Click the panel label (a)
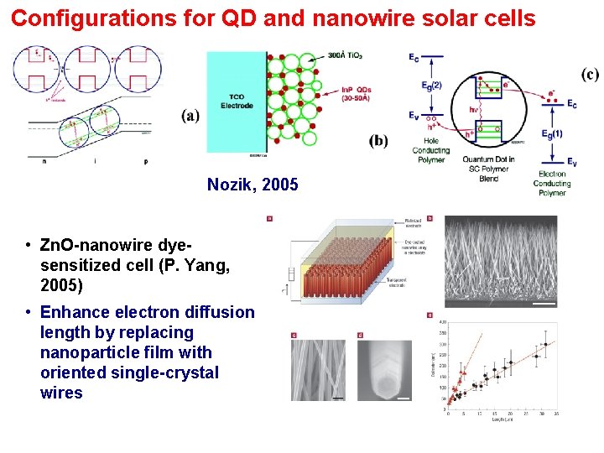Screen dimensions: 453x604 [x=190, y=116]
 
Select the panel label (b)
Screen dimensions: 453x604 [x=378, y=140]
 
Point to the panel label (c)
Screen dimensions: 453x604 [x=590, y=75]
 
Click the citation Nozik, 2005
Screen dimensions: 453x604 [x=253, y=184]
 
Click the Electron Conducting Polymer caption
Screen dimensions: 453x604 [x=552, y=183]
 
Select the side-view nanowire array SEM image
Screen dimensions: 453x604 [x=500, y=261]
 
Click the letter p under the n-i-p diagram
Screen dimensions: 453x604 [x=145, y=160]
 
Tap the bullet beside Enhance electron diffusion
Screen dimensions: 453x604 [x=29, y=313]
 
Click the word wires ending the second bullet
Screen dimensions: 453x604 [x=61, y=393]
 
